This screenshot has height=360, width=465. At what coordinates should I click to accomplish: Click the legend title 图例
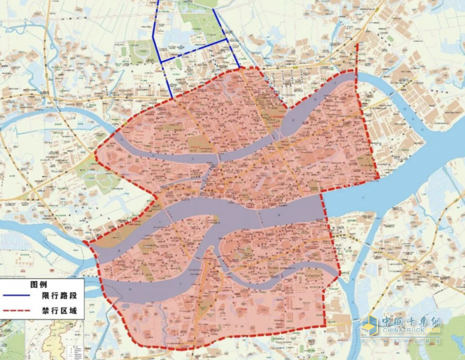(38, 284)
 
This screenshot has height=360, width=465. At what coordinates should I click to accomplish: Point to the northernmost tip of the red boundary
(358, 45)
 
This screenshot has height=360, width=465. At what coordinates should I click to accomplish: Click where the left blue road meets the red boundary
(173, 97)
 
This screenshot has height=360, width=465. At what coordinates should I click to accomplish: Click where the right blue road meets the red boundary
(239, 68)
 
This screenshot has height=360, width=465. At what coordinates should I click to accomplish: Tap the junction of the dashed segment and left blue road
(161, 60)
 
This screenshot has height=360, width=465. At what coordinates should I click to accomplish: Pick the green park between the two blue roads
(198, 20)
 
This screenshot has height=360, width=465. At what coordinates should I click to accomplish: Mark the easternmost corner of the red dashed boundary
(379, 178)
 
